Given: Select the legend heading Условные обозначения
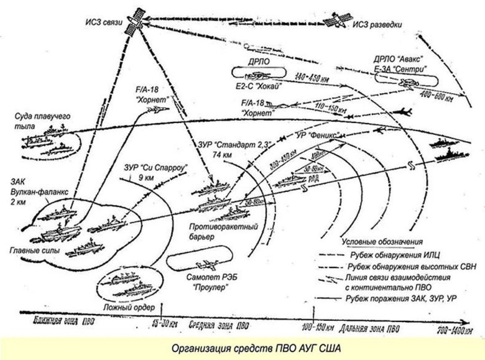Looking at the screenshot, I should coord(382,241).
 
